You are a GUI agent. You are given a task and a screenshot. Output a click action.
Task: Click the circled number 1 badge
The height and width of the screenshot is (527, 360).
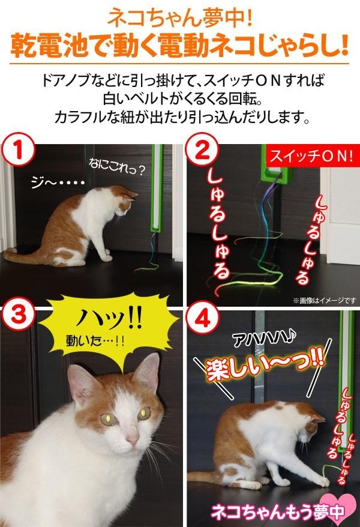click(18, 151)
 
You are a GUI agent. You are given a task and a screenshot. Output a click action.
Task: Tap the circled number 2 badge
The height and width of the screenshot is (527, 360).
click(202, 150)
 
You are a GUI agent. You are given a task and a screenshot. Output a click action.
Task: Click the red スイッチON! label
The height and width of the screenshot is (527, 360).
click(311, 156)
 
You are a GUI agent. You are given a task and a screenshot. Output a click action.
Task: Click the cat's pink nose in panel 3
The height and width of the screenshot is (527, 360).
click(133, 438)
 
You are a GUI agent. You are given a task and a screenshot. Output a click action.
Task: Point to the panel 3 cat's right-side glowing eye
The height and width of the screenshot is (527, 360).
click(144, 414)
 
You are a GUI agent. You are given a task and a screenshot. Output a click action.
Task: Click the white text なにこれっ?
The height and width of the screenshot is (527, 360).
click(116, 167)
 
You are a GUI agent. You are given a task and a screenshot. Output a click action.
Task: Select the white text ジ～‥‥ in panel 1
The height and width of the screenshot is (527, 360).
click(57, 182)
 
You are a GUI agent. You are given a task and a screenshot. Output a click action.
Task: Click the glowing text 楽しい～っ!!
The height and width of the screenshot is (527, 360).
click(265, 365)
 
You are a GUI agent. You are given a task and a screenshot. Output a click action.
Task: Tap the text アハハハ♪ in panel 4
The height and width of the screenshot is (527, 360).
click(264, 340)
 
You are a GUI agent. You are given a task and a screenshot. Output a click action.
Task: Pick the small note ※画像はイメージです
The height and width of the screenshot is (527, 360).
click(325, 300)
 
